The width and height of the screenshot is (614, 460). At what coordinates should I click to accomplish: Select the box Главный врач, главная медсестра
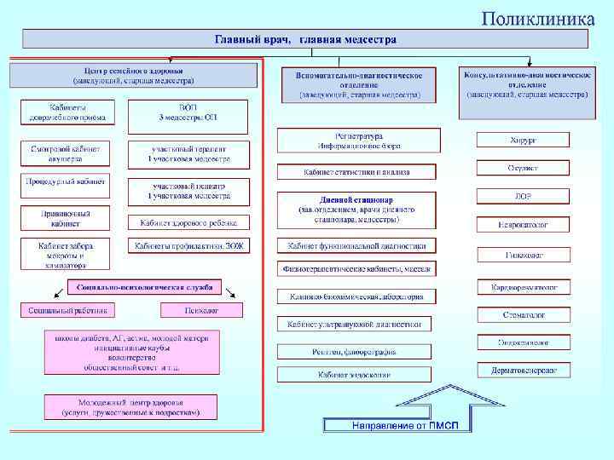click(305, 39)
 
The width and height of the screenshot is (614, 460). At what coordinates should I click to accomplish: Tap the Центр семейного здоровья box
click(133, 75)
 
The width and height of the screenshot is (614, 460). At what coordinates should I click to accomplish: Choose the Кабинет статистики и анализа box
click(356, 172)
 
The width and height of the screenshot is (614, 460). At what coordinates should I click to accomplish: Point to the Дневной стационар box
click(356, 209)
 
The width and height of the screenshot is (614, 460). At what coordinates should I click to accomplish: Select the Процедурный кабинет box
click(66, 181)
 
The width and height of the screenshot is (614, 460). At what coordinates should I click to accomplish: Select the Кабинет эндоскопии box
click(354, 375)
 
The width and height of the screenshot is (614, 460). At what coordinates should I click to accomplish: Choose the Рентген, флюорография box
click(354, 349)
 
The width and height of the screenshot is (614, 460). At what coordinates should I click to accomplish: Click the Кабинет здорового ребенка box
click(189, 223)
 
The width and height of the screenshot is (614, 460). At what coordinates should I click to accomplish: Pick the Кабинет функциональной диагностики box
click(356, 245)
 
